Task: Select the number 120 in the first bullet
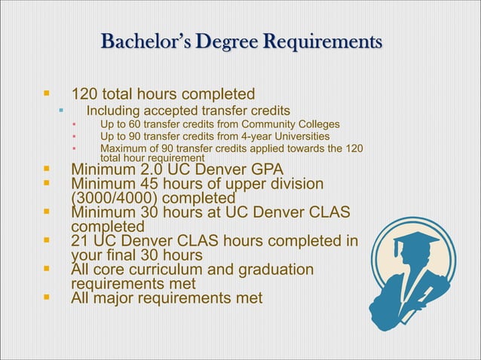(x=84, y=95)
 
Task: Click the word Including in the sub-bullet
(x=114, y=111)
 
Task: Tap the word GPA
(x=268, y=169)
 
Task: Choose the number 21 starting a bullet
(x=81, y=241)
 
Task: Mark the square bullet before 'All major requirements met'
(x=46, y=298)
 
